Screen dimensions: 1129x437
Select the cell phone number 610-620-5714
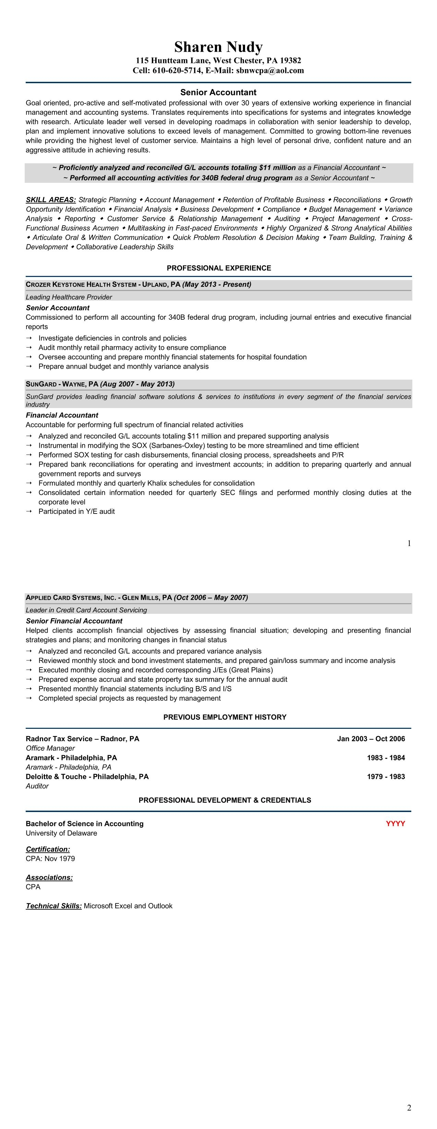click(x=177, y=71)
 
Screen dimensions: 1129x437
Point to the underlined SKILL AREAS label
click(x=51, y=200)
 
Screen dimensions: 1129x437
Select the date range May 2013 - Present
click(x=217, y=284)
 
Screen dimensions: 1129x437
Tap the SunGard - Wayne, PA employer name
click(x=62, y=384)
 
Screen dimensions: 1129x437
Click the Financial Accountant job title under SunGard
click(x=62, y=415)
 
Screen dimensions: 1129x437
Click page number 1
click(x=409, y=544)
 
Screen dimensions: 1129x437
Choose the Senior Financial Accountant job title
click(x=74, y=621)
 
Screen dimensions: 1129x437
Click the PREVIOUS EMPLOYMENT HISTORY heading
click(x=224, y=717)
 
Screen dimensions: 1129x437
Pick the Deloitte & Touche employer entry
click(x=87, y=777)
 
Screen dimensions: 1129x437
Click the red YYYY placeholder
click(x=395, y=824)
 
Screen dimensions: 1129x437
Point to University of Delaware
click(x=61, y=833)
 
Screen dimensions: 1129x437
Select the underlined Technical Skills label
click(x=54, y=906)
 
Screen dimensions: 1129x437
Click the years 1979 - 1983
click(x=386, y=777)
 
